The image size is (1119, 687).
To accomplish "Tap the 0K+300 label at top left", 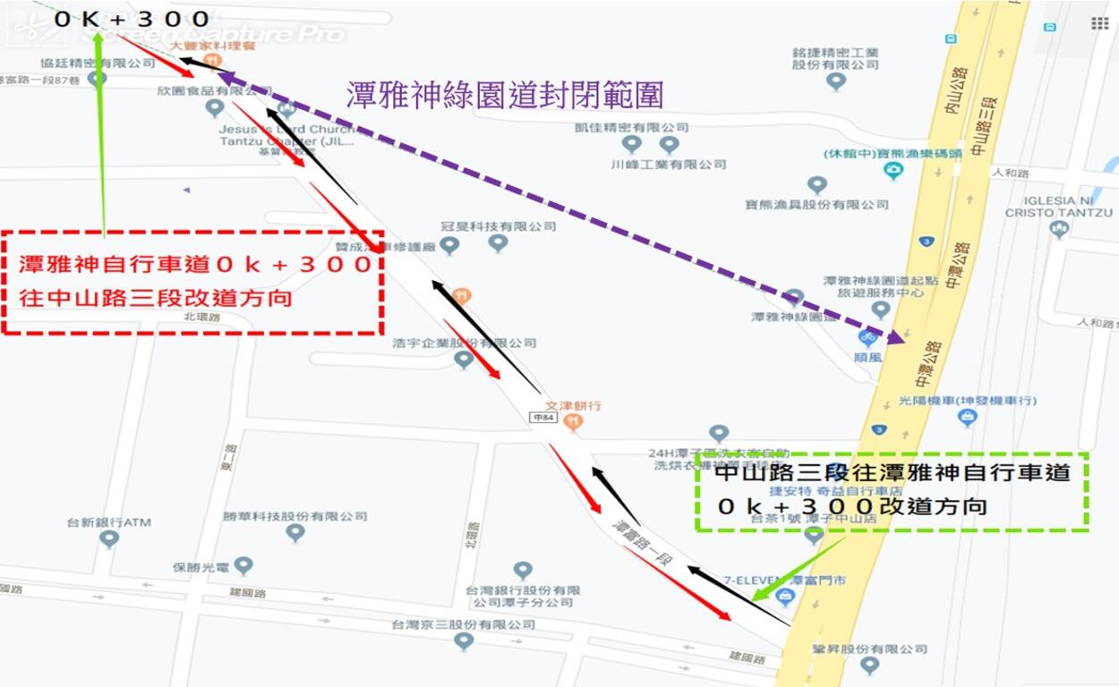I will (132, 19).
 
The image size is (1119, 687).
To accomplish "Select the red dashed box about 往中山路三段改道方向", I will (193, 282).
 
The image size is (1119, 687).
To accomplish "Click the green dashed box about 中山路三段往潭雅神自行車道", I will (892, 491).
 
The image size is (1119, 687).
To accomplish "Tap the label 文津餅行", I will (573, 405).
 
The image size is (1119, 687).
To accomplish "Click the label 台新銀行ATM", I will (109, 522).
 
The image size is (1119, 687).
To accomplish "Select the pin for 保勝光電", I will (243, 565).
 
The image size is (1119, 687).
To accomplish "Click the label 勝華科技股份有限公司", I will (295, 516).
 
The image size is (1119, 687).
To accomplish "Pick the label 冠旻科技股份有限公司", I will (498, 226).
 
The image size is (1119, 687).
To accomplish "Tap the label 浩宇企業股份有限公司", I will (464, 343).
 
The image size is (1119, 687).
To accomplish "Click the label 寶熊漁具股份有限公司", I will (816, 205).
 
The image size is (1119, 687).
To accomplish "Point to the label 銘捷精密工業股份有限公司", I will (835, 58).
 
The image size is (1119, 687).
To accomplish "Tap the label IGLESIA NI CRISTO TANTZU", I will (1058, 207).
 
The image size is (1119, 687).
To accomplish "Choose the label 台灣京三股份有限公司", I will (463, 624).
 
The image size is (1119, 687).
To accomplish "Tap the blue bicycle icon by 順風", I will (867, 337).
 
